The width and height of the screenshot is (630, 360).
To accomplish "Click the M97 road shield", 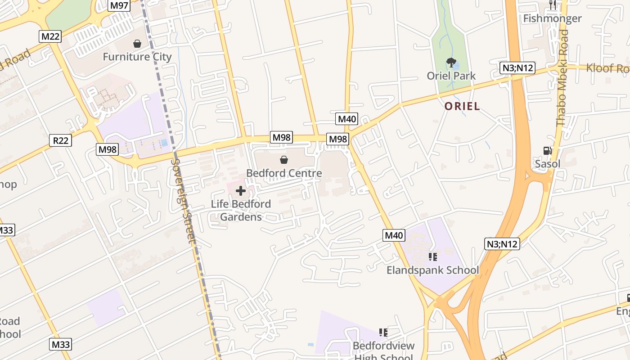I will tap(119, 5).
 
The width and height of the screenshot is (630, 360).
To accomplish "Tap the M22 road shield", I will tap(50, 36).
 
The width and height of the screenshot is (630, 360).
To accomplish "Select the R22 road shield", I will tap(60, 140).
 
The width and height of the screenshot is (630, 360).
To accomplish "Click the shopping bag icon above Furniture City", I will tap(137, 44).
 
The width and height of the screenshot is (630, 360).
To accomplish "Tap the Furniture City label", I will tap(137, 57).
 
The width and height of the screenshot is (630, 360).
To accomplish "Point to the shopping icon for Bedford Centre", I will tap(284, 160).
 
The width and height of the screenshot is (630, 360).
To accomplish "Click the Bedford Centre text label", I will tap(284, 173).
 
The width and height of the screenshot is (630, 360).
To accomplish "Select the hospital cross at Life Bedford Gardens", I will tap(241, 191).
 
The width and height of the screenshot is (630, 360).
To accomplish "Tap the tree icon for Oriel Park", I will tap(451, 63).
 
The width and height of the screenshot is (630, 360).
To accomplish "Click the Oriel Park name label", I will tap(451, 76).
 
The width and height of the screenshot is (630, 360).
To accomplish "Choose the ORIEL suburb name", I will tap(462, 106).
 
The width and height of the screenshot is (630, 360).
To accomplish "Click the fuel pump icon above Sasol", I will tap(548, 151).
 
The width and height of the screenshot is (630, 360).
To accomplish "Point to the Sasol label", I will tap(548, 164).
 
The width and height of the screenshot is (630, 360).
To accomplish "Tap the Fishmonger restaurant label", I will tap(552, 18).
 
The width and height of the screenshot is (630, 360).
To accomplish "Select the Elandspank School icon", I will tap(432, 257).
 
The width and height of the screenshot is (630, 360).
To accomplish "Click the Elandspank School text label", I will tap(432, 270).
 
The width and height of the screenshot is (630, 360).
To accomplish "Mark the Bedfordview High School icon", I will tap(383, 333).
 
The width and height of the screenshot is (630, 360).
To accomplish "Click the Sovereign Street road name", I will tap(184, 201).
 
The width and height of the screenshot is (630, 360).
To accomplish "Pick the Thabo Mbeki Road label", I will tap(562, 77).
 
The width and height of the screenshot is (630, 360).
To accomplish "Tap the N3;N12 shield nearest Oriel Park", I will tap(517, 68).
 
